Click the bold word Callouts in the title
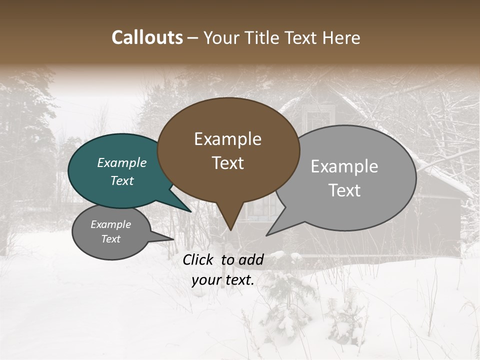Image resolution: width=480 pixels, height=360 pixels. coord(147,37)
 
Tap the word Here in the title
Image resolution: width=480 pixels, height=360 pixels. coord(341,38)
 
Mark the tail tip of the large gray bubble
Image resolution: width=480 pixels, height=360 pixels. coord(267,234)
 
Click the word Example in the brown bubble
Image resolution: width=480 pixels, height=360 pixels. coord(227,139)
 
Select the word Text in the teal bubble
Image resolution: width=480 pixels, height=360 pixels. coord(122,181)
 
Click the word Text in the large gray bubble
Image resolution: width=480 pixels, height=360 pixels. coord(345,190)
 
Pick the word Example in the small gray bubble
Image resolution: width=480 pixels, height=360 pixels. coord(110,224)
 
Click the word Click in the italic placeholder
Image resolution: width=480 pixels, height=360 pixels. coord(198,259)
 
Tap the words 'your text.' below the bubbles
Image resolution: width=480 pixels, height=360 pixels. coord(223,280)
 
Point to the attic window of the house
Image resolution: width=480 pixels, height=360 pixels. coord(318,120)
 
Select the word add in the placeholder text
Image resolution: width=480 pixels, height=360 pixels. coord(250,259)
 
